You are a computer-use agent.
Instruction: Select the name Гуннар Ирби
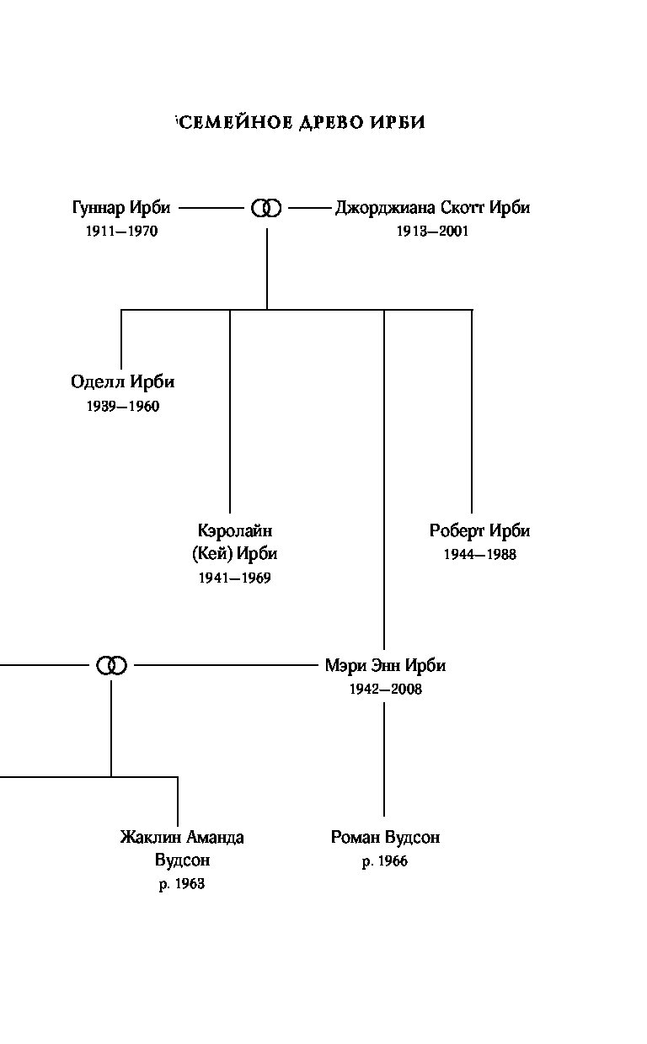(121, 207)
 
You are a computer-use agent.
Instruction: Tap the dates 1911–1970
(122, 232)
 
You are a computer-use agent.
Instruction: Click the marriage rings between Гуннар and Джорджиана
(266, 208)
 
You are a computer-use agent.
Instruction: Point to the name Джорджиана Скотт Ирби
(432, 207)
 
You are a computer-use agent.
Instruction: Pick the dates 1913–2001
(432, 232)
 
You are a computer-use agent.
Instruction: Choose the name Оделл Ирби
(123, 381)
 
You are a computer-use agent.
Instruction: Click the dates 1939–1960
(123, 406)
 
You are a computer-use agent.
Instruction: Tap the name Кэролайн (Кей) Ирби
(235, 541)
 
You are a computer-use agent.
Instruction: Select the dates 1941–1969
(235, 578)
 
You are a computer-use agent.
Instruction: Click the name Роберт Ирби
(479, 530)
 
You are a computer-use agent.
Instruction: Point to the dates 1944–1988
(480, 554)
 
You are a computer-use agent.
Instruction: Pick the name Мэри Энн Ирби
(385, 665)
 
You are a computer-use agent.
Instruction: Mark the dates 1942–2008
(385, 689)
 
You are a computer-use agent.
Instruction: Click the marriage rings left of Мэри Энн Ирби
(111, 665)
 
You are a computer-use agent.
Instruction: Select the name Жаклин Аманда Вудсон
(182, 849)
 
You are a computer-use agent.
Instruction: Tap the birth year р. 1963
(182, 884)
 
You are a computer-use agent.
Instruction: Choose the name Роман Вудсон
(385, 837)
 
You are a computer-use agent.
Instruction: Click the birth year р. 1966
(385, 860)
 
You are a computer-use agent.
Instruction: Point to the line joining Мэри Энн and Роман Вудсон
(384, 759)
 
